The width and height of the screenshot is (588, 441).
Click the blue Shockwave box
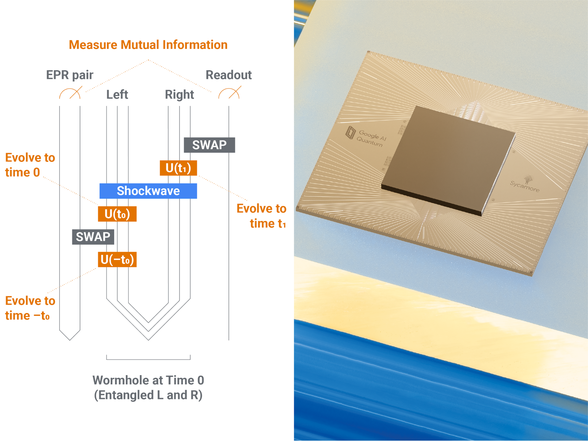[148, 191]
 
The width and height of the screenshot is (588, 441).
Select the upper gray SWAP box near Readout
[209, 145]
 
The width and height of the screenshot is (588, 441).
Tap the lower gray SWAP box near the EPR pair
[93, 237]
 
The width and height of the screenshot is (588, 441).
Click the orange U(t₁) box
[178, 168]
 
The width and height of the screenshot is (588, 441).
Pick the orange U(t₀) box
[117, 214]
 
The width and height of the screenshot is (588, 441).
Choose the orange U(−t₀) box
[117, 260]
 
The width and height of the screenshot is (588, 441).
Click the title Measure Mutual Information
[148, 45]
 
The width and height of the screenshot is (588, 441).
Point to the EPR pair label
[70, 75]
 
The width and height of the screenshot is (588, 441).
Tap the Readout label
[229, 75]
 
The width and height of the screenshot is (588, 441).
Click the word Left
[117, 95]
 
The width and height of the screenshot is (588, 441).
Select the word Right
[179, 95]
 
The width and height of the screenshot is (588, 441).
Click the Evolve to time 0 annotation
[30, 165]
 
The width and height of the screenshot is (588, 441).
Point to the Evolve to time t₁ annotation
[261, 216]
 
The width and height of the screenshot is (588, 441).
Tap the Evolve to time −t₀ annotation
[30, 308]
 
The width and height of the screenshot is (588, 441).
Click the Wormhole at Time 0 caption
[148, 388]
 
